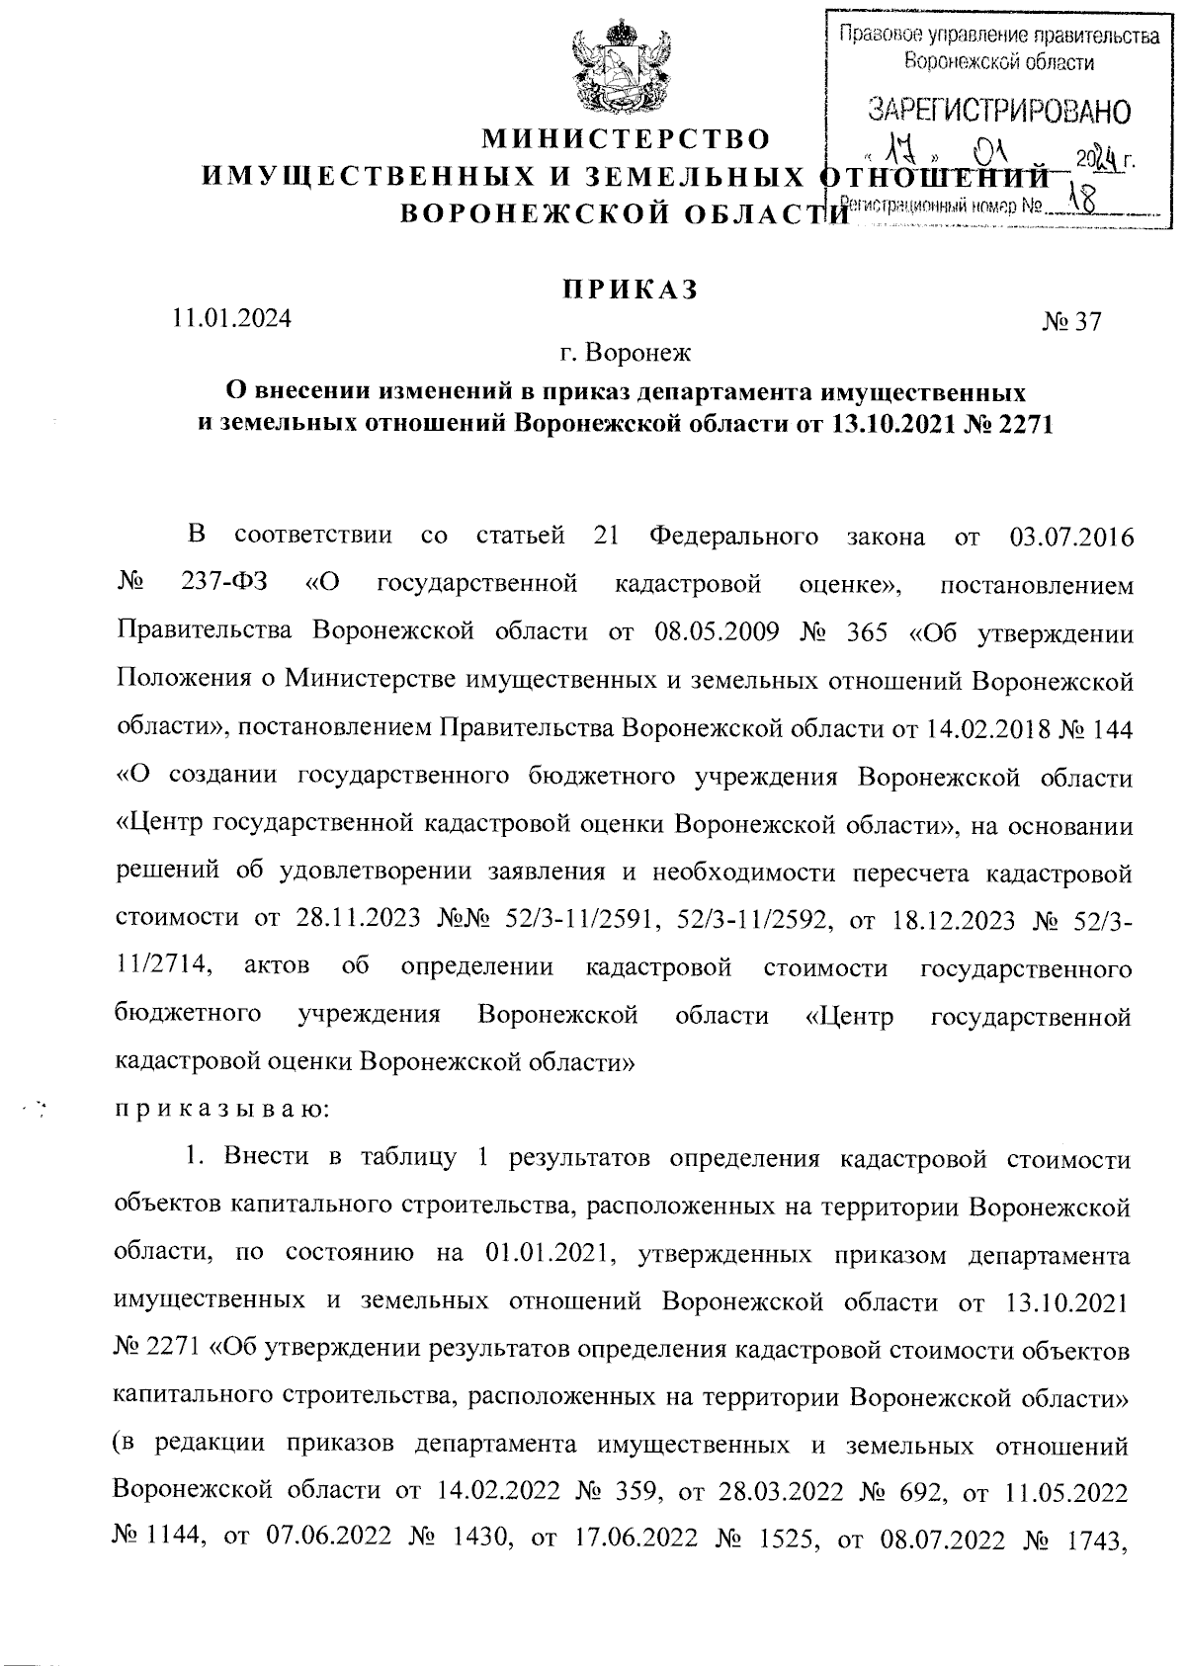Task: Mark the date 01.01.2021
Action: (x=550, y=1255)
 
